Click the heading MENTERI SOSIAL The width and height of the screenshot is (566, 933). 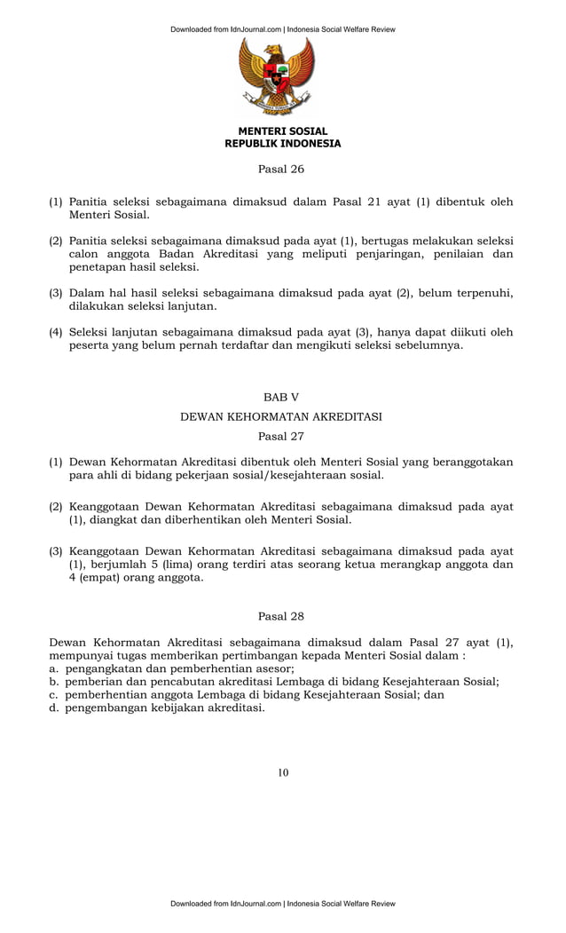(x=282, y=131)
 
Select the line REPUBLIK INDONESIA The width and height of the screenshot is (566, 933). (x=282, y=144)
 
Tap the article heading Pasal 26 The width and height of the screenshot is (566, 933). (x=281, y=169)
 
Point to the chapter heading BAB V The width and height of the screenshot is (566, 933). (x=281, y=397)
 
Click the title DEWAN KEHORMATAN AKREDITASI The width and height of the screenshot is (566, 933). (x=281, y=416)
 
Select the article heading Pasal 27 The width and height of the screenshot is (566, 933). (x=281, y=436)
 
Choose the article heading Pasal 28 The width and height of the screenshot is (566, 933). (x=281, y=615)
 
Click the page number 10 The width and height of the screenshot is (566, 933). (x=282, y=772)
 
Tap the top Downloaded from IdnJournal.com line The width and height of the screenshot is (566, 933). (x=282, y=29)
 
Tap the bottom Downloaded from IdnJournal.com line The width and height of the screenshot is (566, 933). (x=282, y=904)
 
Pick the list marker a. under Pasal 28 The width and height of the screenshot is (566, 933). (x=54, y=668)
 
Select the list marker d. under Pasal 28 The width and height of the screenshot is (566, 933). (x=54, y=708)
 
